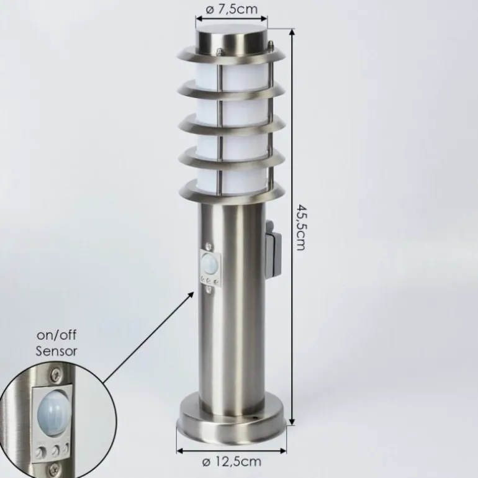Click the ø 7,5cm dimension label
click(232, 9)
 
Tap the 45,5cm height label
click(300, 228)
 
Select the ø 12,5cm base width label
click(232, 461)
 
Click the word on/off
click(56, 335)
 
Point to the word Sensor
click(56, 351)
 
